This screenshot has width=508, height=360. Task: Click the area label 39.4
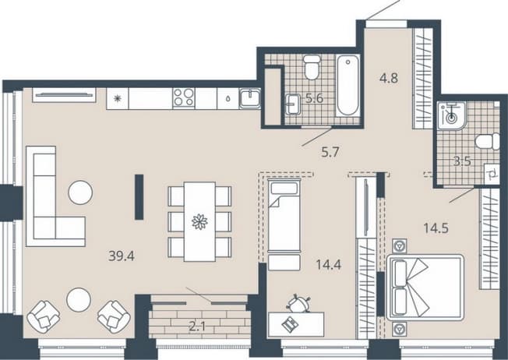122,256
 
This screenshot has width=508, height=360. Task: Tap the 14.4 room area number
329,265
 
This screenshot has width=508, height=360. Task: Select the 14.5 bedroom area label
436,228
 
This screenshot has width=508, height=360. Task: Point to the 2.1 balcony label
197,326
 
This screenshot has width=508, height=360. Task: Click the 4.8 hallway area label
389,78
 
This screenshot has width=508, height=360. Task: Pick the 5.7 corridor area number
330,152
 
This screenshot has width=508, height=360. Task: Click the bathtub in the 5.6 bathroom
348,86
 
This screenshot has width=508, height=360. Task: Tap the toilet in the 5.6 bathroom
312,67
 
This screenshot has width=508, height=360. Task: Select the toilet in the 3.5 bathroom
487,142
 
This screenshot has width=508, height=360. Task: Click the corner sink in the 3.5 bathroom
450,116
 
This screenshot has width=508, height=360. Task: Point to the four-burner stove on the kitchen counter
184,97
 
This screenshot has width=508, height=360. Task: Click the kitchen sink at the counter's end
250,98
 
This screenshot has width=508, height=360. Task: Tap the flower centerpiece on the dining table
199,222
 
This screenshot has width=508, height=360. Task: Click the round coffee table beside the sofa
80,192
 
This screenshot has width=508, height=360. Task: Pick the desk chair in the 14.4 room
298,304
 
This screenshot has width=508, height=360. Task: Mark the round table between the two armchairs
79,299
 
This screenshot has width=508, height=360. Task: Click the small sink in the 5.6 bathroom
295,104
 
